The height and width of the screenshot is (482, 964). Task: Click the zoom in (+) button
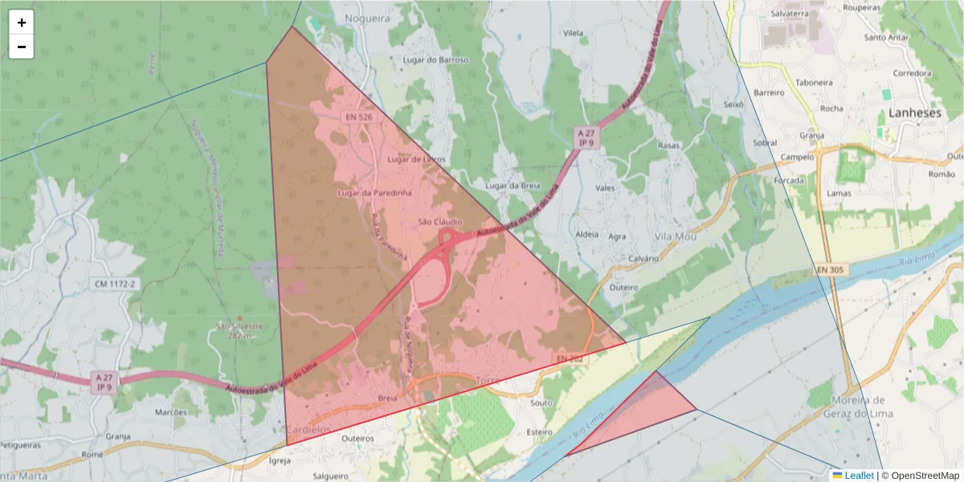[22, 22]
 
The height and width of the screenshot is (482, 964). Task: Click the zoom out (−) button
[22, 47]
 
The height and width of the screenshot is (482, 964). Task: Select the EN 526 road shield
[359, 117]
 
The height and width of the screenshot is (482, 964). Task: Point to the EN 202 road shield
[569, 357]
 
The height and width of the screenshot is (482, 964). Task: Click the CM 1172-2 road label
[116, 284]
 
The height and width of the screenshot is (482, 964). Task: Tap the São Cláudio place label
[440, 222]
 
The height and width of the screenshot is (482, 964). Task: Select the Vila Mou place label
[676, 237]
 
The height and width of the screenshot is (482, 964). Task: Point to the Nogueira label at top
[366, 17]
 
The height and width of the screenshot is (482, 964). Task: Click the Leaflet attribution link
[859, 476]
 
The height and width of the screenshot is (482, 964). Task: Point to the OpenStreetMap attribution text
[921, 476]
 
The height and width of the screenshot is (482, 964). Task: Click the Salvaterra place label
[789, 14]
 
